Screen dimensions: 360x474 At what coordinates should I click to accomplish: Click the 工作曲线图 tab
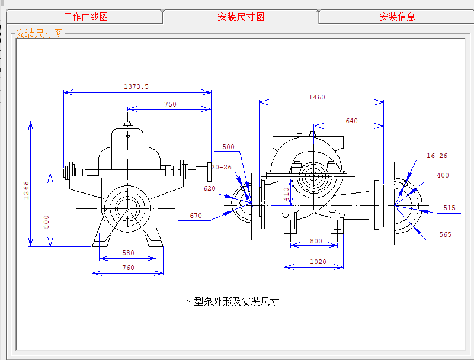[x=86, y=17]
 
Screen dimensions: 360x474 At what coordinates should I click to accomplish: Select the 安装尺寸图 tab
[x=241, y=17]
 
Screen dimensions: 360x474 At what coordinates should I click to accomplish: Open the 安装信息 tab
[x=397, y=17]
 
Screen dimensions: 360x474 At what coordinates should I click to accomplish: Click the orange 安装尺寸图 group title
[x=39, y=33]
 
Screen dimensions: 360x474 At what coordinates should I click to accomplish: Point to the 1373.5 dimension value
[x=136, y=86]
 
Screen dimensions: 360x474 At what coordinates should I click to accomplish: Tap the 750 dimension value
[x=170, y=104]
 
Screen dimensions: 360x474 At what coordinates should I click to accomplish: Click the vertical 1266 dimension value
[x=26, y=190]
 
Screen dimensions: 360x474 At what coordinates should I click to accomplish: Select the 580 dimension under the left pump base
[x=128, y=253]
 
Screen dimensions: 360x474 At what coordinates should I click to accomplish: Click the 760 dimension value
[x=128, y=268]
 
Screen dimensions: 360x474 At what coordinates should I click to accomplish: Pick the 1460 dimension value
[x=317, y=97]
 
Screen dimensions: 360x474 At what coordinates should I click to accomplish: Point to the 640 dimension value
[x=352, y=121]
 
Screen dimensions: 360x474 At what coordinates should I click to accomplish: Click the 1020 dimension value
[x=318, y=262]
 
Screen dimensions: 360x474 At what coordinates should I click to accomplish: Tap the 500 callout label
[x=228, y=147]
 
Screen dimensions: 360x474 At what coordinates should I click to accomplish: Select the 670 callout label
[x=196, y=216]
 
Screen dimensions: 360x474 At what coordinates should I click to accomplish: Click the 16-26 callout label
[x=437, y=156]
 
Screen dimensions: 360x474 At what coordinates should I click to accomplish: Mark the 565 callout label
[x=445, y=234]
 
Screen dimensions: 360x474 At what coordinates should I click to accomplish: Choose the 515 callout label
[x=449, y=208]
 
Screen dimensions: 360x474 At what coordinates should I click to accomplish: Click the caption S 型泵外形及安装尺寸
[x=232, y=301]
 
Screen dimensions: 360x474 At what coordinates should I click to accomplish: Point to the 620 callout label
[x=209, y=188]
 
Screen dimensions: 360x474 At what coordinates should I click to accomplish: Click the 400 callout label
[x=443, y=175]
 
